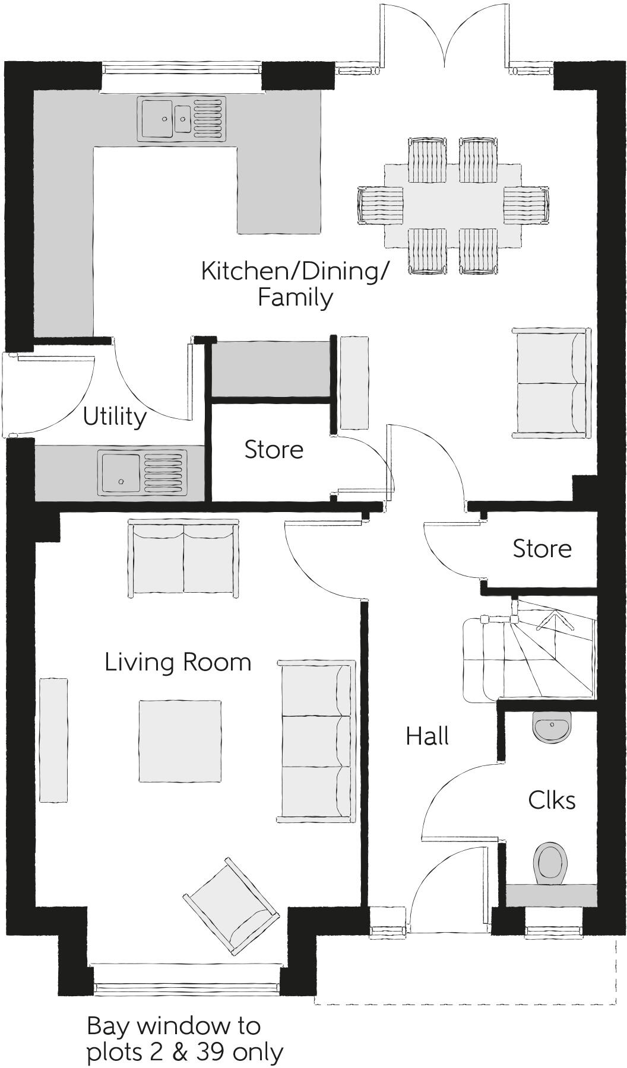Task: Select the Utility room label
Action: (x=115, y=417)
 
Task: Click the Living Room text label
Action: (x=178, y=662)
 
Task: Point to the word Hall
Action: (x=427, y=736)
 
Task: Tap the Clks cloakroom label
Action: (x=552, y=800)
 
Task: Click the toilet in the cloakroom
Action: (x=550, y=863)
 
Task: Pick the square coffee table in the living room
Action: (x=180, y=741)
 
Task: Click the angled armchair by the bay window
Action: (x=232, y=905)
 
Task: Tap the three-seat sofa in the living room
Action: (x=316, y=742)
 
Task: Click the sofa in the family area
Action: (x=551, y=383)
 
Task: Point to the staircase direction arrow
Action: (x=556, y=621)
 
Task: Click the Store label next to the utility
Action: (x=274, y=450)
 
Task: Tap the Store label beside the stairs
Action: (x=541, y=549)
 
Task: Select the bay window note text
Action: (x=184, y=1038)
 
